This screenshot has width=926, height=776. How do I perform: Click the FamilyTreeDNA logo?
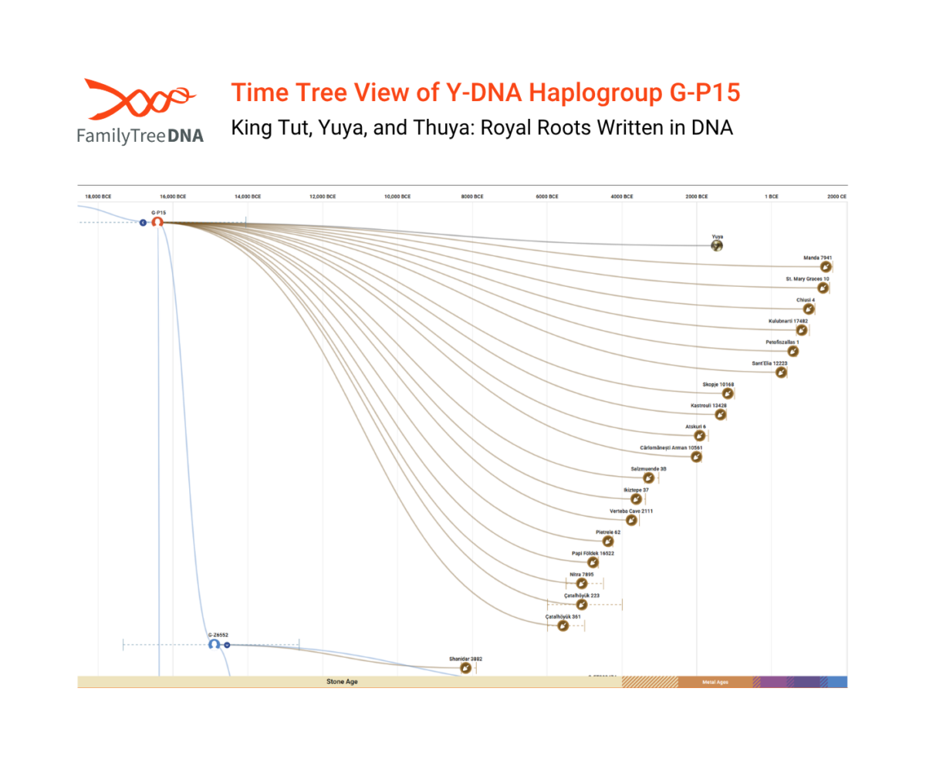[140, 111]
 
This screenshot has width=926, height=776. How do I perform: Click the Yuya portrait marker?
[717, 246]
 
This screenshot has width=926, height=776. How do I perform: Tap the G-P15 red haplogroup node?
[157, 222]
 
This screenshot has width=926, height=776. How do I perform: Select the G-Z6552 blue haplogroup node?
[214, 644]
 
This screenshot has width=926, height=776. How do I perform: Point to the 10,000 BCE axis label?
[397, 197]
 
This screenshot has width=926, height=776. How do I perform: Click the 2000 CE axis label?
[836, 197]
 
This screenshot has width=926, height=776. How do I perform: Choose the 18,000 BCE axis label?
[98, 197]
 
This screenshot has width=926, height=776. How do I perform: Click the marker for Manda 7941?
[826, 267]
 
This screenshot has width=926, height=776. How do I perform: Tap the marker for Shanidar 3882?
[465, 668]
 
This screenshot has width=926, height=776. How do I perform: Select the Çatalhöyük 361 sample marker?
[563, 626]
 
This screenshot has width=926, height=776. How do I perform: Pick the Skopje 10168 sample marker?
[727, 393]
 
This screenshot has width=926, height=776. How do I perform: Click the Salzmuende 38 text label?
[648, 469]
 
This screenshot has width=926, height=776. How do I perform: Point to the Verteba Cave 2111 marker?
[631, 520]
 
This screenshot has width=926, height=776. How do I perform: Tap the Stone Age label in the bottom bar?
[342, 682]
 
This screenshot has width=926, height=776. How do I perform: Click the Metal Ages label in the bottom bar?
[715, 682]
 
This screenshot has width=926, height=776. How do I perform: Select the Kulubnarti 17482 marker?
[802, 330]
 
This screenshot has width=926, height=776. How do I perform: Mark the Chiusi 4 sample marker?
[808, 309]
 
